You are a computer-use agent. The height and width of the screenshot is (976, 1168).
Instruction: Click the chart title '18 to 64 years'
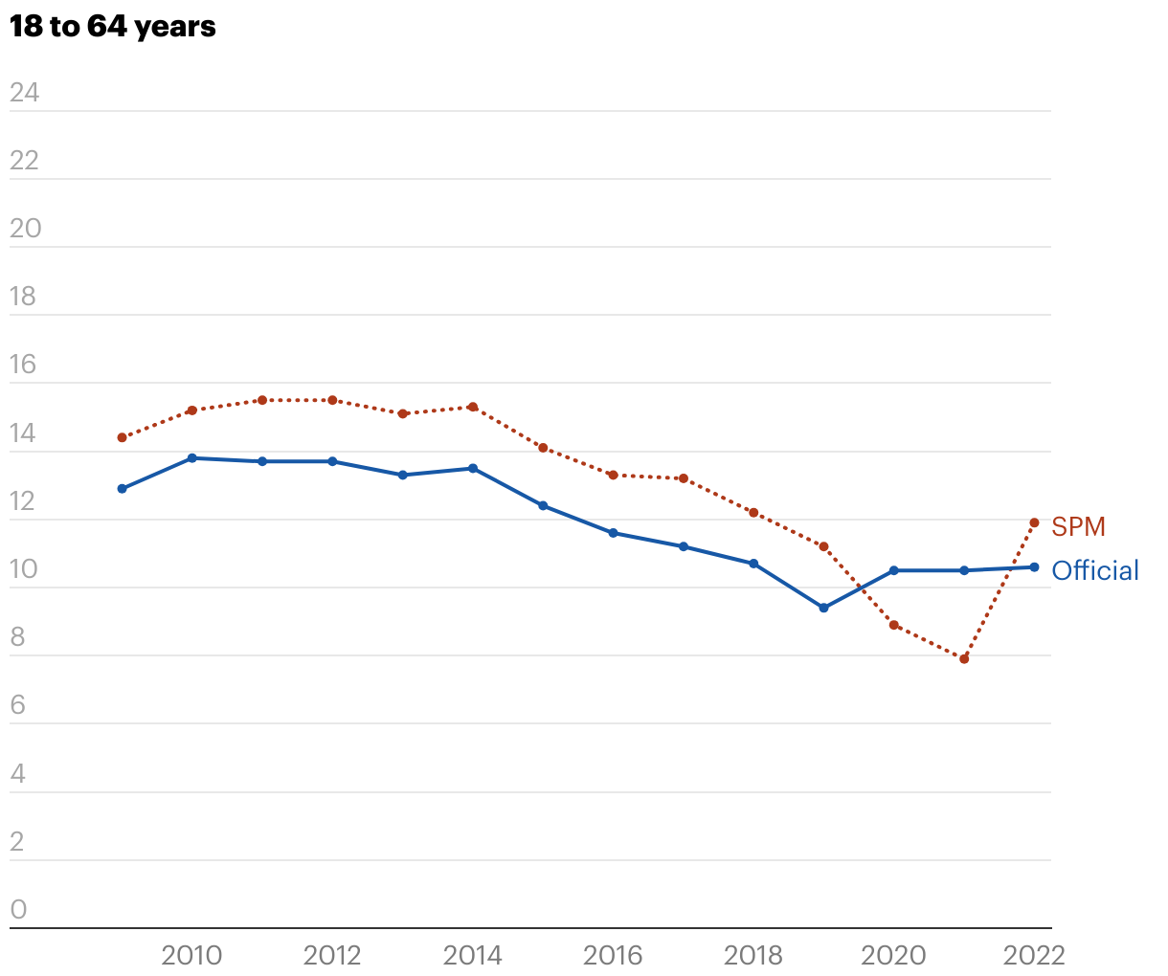pyautogui.click(x=113, y=27)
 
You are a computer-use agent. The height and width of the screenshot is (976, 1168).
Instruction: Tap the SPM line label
pyautogui.click(x=1078, y=526)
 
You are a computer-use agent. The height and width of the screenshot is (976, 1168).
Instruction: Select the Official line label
pyautogui.click(x=1095, y=570)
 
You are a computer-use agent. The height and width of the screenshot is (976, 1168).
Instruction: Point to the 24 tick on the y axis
pyautogui.click(x=25, y=92)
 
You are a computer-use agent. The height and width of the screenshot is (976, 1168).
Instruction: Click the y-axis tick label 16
pyautogui.click(x=23, y=365)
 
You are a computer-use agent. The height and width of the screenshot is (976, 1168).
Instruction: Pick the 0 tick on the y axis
pyautogui.click(x=19, y=910)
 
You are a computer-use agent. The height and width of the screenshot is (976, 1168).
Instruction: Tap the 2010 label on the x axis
pyautogui.click(x=191, y=955)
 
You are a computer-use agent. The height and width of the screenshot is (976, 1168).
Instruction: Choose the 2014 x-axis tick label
pyautogui.click(x=473, y=955)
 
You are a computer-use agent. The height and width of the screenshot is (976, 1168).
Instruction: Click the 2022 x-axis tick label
pyautogui.click(x=1034, y=955)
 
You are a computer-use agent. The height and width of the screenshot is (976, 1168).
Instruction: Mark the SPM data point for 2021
pyautogui.click(x=964, y=659)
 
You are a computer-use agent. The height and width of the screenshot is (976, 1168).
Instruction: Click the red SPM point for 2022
pyautogui.click(x=1034, y=522)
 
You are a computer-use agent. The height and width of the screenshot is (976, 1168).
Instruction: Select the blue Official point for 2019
pyautogui.click(x=823, y=608)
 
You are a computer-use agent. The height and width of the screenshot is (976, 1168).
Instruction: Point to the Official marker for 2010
pyautogui.click(x=191, y=458)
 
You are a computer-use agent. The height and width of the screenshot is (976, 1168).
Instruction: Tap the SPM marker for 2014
pyautogui.click(x=473, y=407)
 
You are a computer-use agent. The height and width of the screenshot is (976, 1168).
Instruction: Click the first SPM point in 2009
pyautogui.click(x=122, y=437)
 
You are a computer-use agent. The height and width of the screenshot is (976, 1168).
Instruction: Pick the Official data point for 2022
pyautogui.click(x=1034, y=567)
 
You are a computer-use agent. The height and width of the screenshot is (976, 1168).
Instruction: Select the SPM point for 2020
pyautogui.click(x=894, y=625)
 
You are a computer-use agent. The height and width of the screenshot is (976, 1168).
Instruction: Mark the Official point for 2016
pyautogui.click(x=613, y=533)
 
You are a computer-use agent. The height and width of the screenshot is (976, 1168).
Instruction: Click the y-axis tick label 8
pyautogui.click(x=18, y=637)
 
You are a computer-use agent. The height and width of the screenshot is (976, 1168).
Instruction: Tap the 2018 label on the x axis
pyautogui.click(x=753, y=955)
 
